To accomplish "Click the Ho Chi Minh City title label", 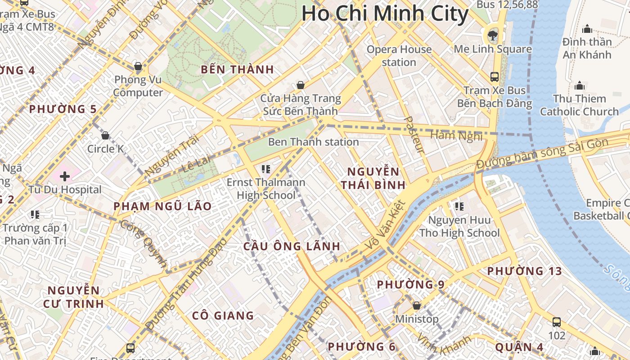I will click(x=385, y=13).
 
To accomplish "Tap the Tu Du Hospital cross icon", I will click(x=65, y=176).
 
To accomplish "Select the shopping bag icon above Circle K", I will click(x=105, y=135).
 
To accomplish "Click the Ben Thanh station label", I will click(x=313, y=142).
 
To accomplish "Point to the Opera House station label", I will click(x=399, y=56).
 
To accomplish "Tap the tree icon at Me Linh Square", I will click(x=493, y=35).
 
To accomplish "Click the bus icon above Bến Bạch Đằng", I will click(x=495, y=76).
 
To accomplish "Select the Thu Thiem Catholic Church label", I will click(x=579, y=105).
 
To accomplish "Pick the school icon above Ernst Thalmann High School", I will click(x=266, y=169).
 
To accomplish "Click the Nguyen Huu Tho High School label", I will click(x=459, y=226).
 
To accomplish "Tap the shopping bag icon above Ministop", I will click(x=417, y=306).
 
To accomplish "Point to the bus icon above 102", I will click(x=557, y=322).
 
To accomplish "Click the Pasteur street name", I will click(x=414, y=134).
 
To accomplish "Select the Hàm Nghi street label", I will click(x=456, y=135).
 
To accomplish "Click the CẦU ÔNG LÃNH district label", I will click(x=292, y=247).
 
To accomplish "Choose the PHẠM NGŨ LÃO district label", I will click(x=162, y=207).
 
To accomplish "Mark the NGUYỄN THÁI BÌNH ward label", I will click(x=373, y=178).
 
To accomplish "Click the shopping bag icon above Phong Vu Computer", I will click(x=138, y=66).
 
